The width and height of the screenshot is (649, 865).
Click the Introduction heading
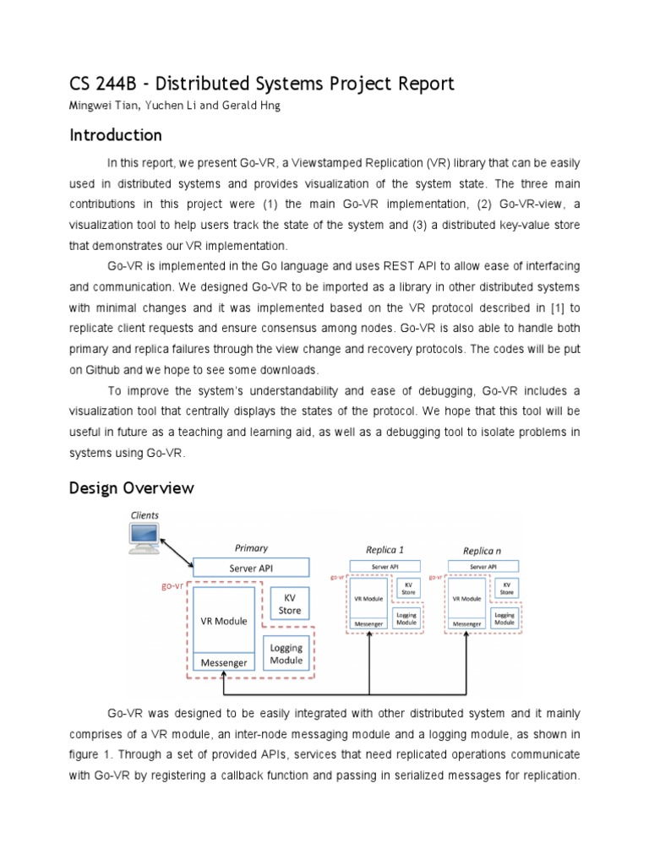click(115, 135)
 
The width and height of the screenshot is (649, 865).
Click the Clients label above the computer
click(144, 514)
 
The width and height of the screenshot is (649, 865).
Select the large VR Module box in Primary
click(223, 621)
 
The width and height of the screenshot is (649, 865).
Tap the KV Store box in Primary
click(289, 604)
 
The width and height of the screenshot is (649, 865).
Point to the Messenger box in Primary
click(223, 662)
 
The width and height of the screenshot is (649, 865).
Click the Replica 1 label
click(384, 550)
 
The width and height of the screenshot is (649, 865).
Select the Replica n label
click(483, 550)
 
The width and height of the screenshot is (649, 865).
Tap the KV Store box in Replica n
click(506, 588)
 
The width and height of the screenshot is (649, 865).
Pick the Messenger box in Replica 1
click(369, 624)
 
